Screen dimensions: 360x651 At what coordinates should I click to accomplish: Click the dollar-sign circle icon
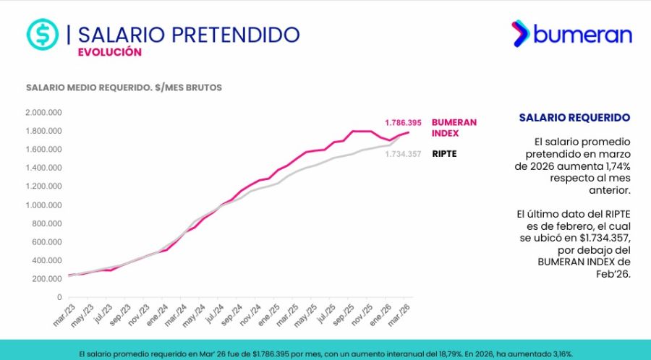[42, 33]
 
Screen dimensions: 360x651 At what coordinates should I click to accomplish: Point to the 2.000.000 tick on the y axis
[43, 113]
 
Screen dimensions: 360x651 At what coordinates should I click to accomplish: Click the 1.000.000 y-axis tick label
[43, 205]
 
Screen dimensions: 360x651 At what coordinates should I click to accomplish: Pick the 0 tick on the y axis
[59, 297]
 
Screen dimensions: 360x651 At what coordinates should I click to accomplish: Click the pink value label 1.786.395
[403, 123]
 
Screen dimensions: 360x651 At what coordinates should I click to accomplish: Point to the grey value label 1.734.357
[403, 154]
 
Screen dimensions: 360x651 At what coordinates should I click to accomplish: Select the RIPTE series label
[444, 154]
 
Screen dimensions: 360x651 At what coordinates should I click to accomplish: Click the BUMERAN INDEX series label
[454, 128]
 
